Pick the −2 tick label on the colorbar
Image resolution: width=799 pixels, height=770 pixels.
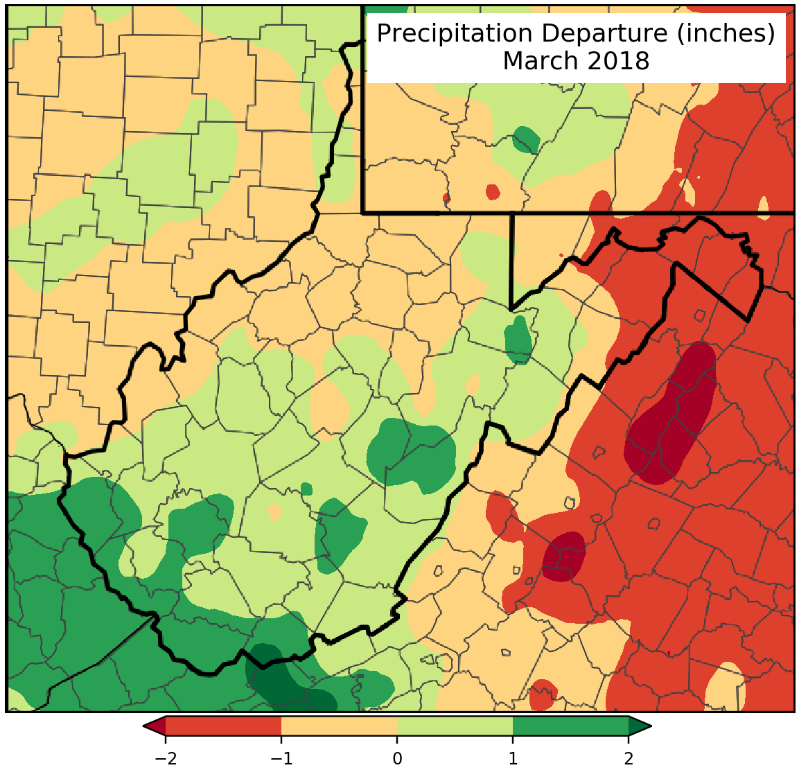point(165,758)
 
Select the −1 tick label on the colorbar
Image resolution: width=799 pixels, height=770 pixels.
point(281,758)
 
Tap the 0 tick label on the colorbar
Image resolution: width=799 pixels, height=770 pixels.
point(397,758)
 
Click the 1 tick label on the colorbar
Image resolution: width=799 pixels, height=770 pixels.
point(513,758)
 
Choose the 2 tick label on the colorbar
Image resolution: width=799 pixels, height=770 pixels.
point(629,758)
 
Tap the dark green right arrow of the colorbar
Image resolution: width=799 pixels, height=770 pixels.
point(639,726)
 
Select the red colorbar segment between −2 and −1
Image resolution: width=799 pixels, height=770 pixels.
point(223,726)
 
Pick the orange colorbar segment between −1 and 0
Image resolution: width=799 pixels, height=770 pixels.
point(339,726)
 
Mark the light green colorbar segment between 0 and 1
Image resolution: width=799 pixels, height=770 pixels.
point(455,726)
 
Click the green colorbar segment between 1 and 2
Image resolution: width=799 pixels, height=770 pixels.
point(570,726)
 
